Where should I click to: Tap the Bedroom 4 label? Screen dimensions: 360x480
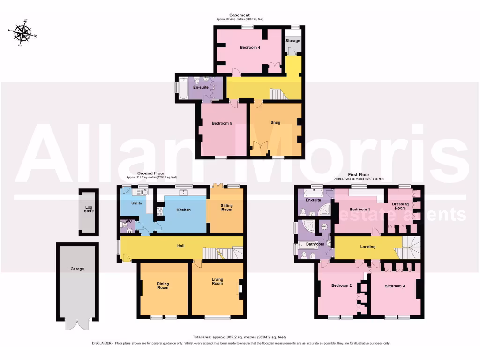coord(250,47)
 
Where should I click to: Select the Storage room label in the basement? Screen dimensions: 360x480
coord(293,41)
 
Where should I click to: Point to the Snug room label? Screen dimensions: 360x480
coord(276,123)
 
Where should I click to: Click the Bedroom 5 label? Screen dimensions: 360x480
coord(222,124)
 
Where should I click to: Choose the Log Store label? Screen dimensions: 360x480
coord(89,209)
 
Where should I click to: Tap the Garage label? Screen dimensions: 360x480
coord(77,269)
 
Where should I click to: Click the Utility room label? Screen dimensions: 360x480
coord(136,203)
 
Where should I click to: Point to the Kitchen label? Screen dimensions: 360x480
coord(184,210)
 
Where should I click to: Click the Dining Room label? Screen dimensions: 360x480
coord(163,286)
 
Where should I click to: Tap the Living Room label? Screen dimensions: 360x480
coord(217,281)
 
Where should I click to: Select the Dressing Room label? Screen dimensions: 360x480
coord(400,207)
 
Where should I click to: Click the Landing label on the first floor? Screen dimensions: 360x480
coord(367,247)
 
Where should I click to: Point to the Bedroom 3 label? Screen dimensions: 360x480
coord(395,286)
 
